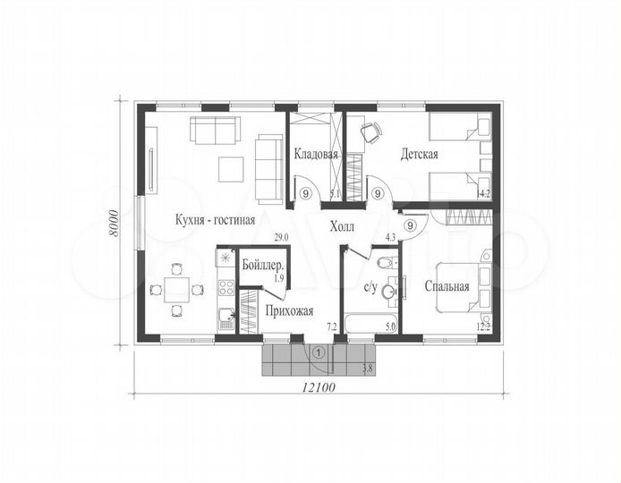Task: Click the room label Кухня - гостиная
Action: click(215, 220)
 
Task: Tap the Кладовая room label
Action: click(316, 154)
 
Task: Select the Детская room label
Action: click(419, 154)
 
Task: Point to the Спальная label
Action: click(447, 286)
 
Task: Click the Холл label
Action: click(342, 227)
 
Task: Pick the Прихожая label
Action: click(289, 311)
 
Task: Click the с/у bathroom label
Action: click(370, 287)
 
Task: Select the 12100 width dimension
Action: click(319, 387)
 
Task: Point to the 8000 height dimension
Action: click(114, 223)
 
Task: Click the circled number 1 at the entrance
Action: click(319, 352)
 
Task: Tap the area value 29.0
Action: click(282, 238)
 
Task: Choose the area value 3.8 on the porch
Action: click(367, 369)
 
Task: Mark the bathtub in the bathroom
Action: click(370, 324)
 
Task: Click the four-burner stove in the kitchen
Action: click(226, 287)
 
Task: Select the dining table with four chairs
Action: click(176, 290)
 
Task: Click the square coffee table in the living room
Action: click(231, 169)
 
